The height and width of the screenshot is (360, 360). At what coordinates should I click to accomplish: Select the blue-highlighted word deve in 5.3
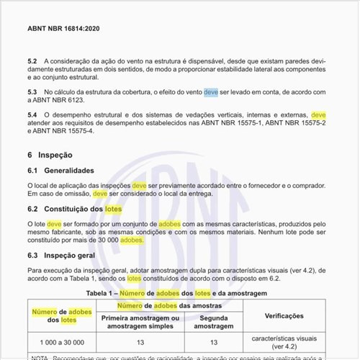(x=211, y=93)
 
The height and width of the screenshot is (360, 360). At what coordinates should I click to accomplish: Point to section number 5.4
(x=32, y=115)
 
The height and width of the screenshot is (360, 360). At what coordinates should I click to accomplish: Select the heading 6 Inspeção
(x=50, y=154)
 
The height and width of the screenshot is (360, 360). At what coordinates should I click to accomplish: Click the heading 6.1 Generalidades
(x=60, y=171)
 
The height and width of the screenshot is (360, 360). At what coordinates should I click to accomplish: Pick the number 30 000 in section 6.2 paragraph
(x=102, y=240)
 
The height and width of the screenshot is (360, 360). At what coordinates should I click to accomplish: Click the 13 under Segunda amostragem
(x=214, y=342)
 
